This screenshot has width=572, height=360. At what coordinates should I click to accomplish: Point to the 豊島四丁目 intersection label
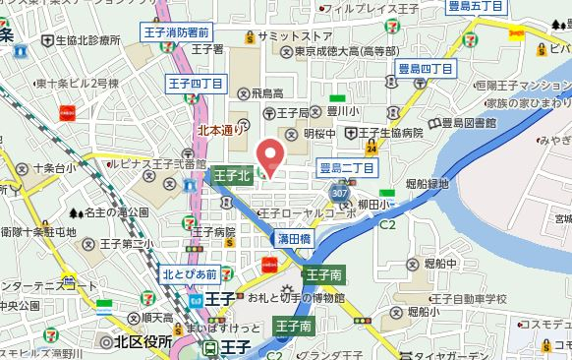[x=425, y=69]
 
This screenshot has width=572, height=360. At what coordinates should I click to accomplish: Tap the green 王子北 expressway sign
[x=232, y=175]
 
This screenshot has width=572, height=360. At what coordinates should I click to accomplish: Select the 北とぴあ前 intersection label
[x=190, y=274]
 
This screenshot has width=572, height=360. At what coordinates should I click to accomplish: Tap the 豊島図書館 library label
[x=466, y=123]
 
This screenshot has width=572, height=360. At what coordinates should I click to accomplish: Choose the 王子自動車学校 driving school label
[x=466, y=298]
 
